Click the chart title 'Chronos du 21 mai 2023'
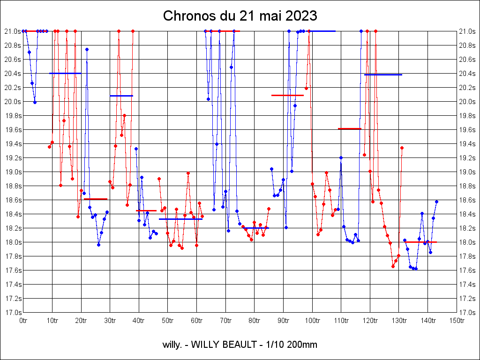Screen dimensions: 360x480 (240, 16)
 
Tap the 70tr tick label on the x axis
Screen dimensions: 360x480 (225, 321)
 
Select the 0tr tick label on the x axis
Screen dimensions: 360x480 (23, 321)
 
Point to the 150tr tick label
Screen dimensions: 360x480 (457, 321)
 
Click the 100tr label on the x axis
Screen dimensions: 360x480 (312, 321)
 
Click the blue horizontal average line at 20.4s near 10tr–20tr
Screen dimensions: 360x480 (65, 73)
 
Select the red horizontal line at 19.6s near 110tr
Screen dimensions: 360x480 (350, 128)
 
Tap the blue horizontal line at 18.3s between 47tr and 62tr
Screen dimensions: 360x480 (180, 219)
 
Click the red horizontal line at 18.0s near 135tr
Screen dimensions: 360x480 (421, 242)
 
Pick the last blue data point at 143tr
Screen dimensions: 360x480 (436, 202)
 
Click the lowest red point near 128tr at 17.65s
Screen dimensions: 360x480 (393, 266)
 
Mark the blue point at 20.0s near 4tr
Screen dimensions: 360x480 (35, 102)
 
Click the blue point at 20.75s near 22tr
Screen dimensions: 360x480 (87, 49)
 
